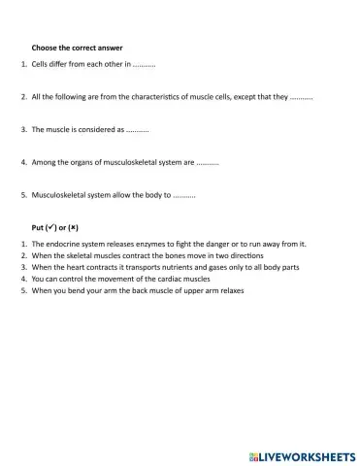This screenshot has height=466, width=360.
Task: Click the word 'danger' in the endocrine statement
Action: [x=213, y=244]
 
